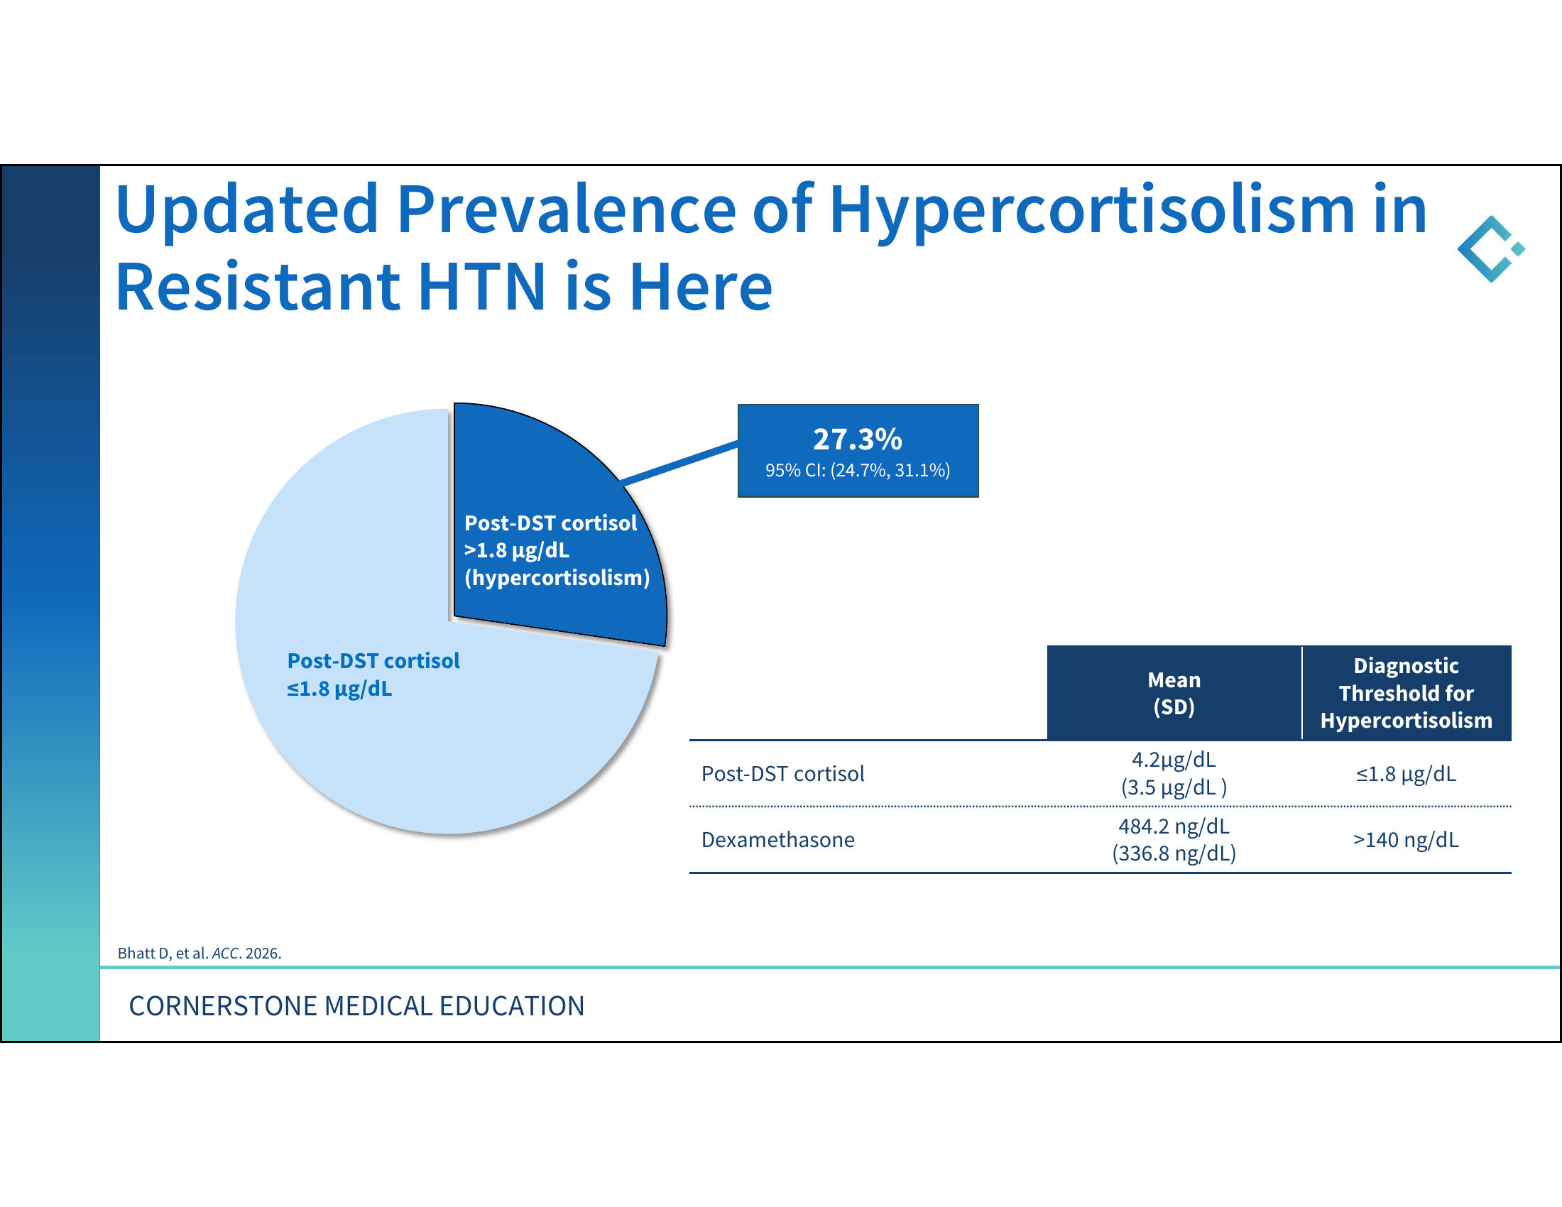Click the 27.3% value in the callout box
tap(857, 439)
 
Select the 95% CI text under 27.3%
tap(858, 471)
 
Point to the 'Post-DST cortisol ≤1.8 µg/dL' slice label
tap(373, 674)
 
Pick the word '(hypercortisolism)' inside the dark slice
tap(557, 578)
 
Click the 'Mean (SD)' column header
tap(1174, 693)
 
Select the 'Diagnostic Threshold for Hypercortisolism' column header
tap(1406, 693)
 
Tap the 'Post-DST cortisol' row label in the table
tap(782, 774)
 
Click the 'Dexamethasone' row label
tap(777, 839)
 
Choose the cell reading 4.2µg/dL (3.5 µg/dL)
tap(1174, 773)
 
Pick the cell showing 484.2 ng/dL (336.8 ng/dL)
tap(1174, 839)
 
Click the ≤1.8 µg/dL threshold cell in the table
tap(1406, 774)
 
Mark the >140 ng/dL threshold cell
tap(1406, 839)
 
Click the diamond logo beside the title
tap(1491, 248)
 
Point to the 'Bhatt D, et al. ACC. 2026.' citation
tap(200, 953)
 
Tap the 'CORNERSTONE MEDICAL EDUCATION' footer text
tap(356, 1006)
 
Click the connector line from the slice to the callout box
tap(679, 463)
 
